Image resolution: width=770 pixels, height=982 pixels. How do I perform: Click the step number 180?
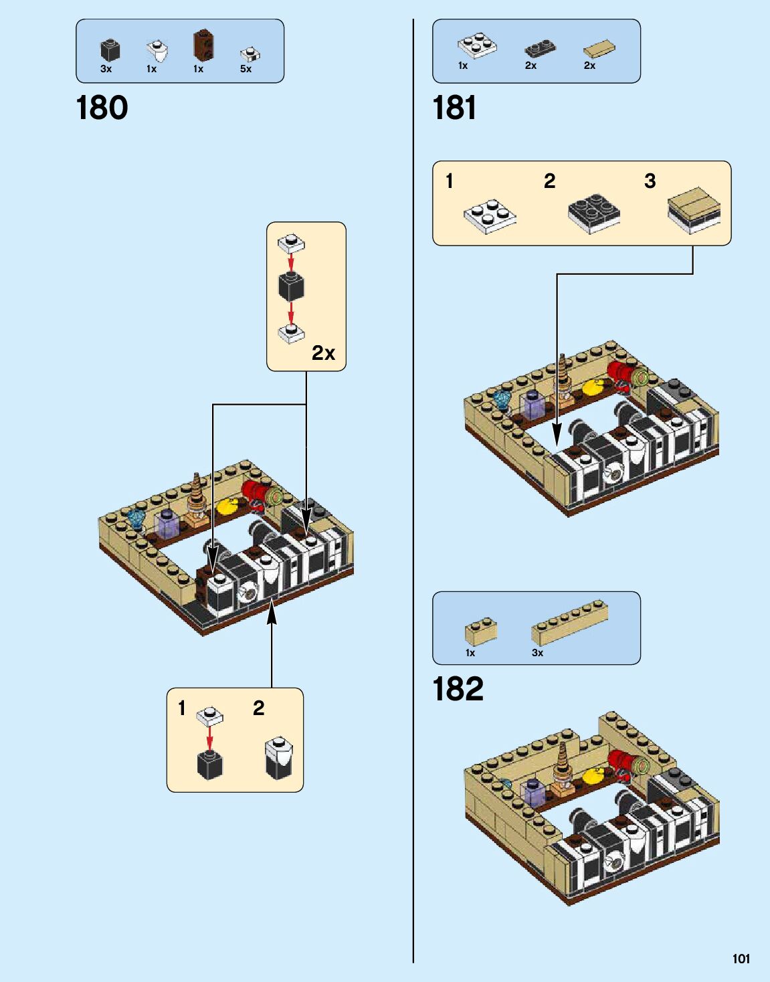[102, 108]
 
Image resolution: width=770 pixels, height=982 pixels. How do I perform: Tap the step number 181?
[454, 108]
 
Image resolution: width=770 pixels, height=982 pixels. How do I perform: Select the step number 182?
[458, 689]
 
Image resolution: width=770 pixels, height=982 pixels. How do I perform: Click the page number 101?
[741, 959]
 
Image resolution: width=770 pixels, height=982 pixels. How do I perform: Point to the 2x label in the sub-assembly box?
[323, 353]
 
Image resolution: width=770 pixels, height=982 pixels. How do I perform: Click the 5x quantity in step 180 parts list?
[246, 69]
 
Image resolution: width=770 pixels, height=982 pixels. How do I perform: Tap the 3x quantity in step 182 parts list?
[537, 653]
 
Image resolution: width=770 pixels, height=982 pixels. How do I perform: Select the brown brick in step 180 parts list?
[203, 45]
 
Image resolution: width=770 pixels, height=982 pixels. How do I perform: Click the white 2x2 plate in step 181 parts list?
[477, 45]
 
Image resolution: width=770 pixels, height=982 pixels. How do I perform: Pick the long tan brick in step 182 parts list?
[569, 623]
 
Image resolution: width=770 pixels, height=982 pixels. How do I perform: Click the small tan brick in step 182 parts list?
[480, 631]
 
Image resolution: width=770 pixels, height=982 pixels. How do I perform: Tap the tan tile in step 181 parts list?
[599, 49]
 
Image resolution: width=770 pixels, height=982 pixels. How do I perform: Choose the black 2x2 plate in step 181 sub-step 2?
[593, 213]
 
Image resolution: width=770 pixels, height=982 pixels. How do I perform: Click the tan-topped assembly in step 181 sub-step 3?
[694, 209]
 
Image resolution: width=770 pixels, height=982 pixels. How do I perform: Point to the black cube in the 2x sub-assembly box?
[291, 287]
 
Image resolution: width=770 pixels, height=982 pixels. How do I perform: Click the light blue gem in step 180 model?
[136, 518]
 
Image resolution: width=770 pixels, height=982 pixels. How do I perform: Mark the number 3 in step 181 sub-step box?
[650, 181]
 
